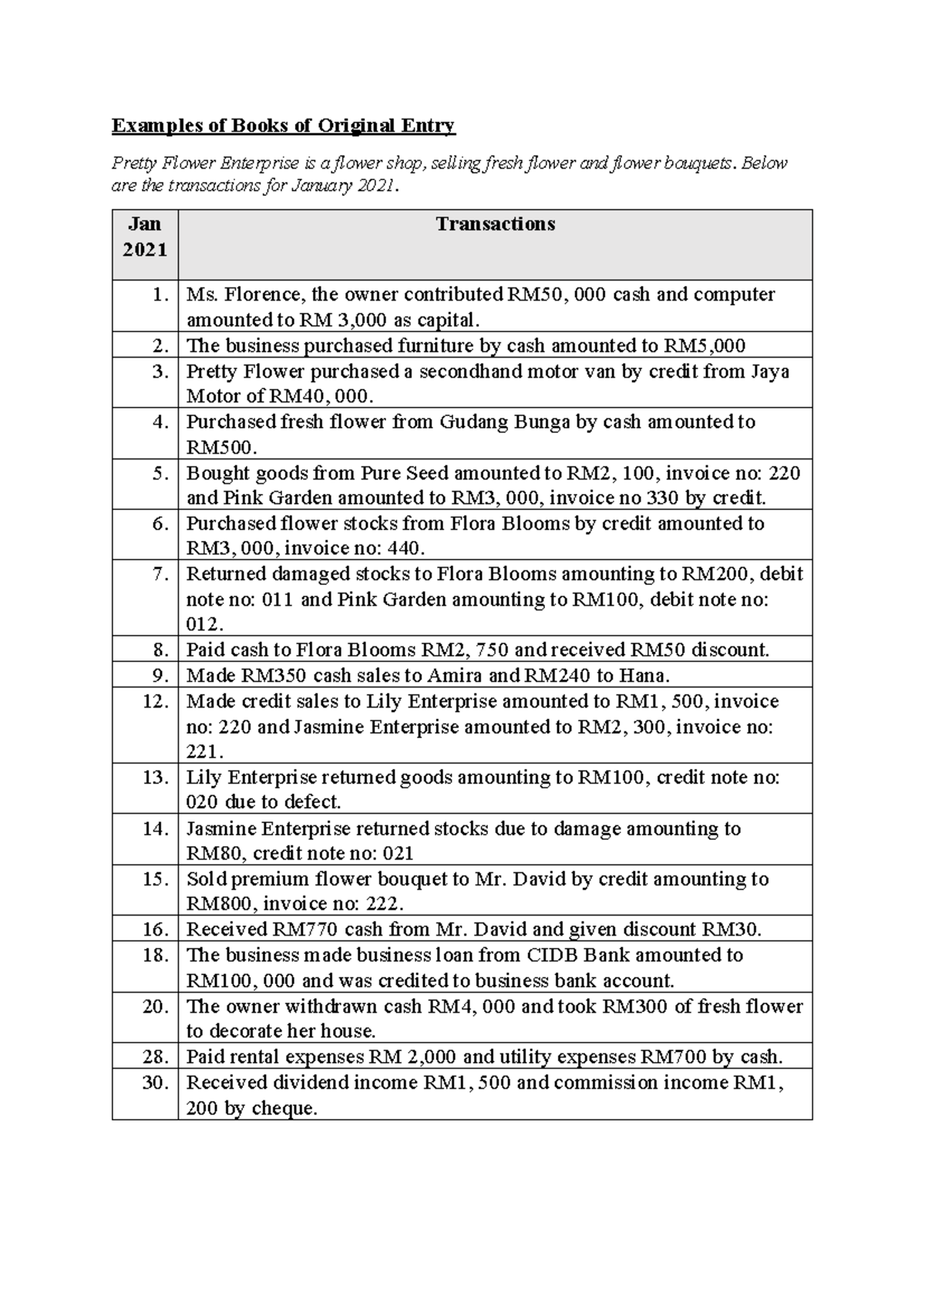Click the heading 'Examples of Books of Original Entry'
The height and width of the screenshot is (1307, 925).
284,126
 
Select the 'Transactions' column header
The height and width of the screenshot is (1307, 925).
495,224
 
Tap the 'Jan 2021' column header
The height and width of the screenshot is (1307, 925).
145,237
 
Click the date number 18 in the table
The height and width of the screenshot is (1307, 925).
155,956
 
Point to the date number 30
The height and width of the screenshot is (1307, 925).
155,1083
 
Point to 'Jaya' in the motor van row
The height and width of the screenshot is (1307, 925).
769,371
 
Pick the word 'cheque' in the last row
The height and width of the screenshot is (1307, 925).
281,1109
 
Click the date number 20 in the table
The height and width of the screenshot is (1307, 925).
155,1006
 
